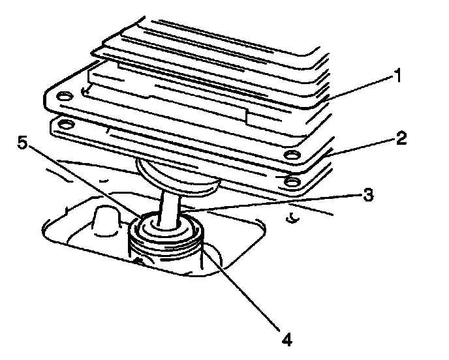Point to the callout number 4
click(285, 340)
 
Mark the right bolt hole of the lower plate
click(292, 180)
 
